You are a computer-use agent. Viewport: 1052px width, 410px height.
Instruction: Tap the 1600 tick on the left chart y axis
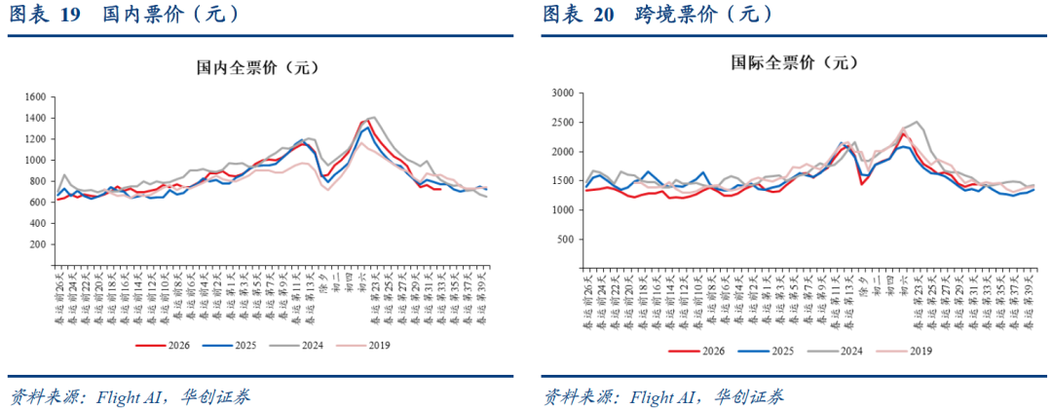36,97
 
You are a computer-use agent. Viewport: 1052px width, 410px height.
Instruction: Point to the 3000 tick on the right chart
562,93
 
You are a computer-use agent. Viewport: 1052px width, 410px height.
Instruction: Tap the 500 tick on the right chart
565,240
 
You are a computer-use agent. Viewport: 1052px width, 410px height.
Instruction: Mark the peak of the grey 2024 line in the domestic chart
373,117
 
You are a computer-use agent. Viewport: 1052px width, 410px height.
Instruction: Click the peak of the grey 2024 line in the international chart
918,122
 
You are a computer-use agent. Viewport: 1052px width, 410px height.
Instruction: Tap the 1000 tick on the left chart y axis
36,161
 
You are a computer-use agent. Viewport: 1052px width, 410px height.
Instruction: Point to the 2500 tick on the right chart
562,123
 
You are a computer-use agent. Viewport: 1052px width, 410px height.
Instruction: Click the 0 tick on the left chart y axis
45,266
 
